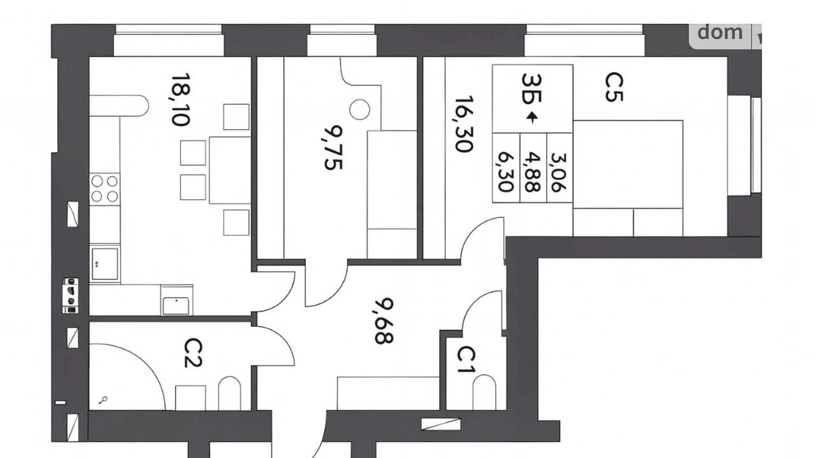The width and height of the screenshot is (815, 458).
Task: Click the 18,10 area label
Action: [181, 100]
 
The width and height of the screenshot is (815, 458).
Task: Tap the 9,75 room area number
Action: [333, 148]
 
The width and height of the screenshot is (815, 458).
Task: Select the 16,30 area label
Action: [464, 124]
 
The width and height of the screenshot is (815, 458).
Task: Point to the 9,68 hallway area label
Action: [384, 321]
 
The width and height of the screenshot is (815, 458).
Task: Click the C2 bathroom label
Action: [193, 353]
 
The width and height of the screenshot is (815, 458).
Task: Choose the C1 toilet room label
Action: [466, 360]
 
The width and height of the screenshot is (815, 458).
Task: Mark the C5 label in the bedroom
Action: [614, 87]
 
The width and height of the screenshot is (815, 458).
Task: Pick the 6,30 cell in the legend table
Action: [506, 172]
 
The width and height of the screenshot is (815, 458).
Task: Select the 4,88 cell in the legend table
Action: [533, 172]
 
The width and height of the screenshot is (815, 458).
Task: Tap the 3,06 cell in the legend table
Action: [559, 172]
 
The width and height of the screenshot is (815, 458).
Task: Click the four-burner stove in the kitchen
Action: [104, 188]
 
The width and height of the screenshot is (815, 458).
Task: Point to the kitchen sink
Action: [105, 264]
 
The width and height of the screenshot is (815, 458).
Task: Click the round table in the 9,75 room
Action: [360, 110]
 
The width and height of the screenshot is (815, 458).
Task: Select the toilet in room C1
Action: [484, 392]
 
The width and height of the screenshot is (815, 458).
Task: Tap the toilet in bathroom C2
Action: [230, 393]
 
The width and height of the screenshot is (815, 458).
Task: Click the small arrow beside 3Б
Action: [532, 117]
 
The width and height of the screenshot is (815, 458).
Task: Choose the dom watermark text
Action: [720, 32]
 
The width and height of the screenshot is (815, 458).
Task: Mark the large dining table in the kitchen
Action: [230, 170]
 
